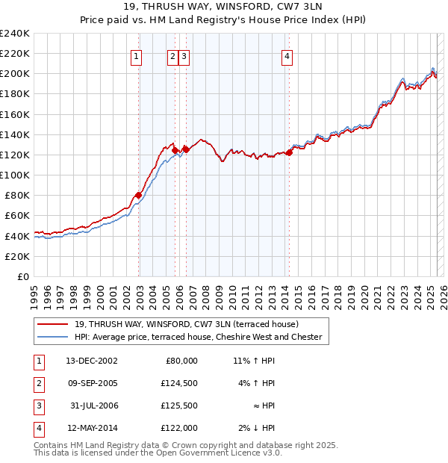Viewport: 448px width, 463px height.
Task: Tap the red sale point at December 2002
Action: (139, 196)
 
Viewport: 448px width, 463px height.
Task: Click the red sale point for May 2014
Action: (289, 153)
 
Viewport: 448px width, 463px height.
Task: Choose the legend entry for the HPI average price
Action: (197, 337)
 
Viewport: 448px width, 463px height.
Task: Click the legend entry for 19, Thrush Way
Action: (186, 324)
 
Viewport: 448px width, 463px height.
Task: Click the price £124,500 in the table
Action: (179, 383)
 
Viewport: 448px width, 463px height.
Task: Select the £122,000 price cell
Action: (179, 428)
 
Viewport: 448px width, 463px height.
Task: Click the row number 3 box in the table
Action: (37, 405)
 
